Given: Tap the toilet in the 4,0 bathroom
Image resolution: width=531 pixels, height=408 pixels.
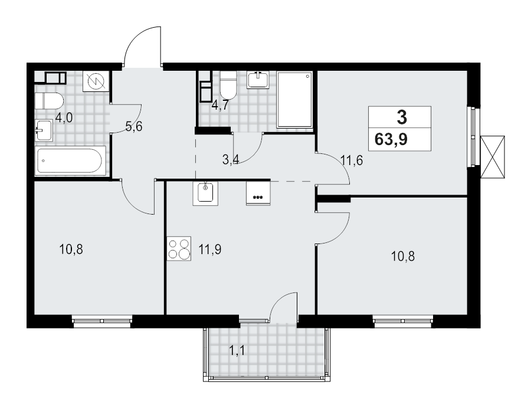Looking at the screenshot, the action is [x=49, y=101].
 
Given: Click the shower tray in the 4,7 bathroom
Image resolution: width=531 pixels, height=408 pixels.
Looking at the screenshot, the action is [x=294, y=99].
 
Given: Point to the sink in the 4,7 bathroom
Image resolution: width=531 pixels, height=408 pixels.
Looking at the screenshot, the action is [x=258, y=80].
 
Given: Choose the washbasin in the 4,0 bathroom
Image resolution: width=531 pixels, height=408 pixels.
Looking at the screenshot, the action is [x=44, y=130].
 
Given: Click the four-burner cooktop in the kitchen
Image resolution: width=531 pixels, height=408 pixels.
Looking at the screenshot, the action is [x=179, y=248].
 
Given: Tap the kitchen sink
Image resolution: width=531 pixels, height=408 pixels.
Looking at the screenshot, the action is [x=205, y=193].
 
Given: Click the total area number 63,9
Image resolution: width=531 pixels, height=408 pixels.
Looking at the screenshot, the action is [x=391, y=139].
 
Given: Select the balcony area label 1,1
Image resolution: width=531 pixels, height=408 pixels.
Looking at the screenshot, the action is [x=237, y=351].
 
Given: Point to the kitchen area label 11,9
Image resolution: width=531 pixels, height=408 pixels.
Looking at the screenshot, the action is [x=210, y=249].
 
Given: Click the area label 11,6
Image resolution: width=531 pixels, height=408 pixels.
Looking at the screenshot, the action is [x=352, y=160].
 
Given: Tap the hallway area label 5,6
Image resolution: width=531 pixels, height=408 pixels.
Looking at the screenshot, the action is [x=134, y=127].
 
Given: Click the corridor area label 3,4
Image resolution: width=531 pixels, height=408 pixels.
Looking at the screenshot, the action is [x=231, y=159].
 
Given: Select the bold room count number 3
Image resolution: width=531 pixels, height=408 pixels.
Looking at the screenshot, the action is [x=402, y=117].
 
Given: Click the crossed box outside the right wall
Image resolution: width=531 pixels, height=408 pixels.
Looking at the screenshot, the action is [x=493, y=157].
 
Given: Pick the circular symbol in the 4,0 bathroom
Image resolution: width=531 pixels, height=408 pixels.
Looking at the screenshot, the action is [x=96, y=81].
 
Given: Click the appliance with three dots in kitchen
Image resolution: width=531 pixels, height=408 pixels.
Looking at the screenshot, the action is [x=258, y=193].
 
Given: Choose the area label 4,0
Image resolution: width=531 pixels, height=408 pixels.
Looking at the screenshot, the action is [x=64, y=119].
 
